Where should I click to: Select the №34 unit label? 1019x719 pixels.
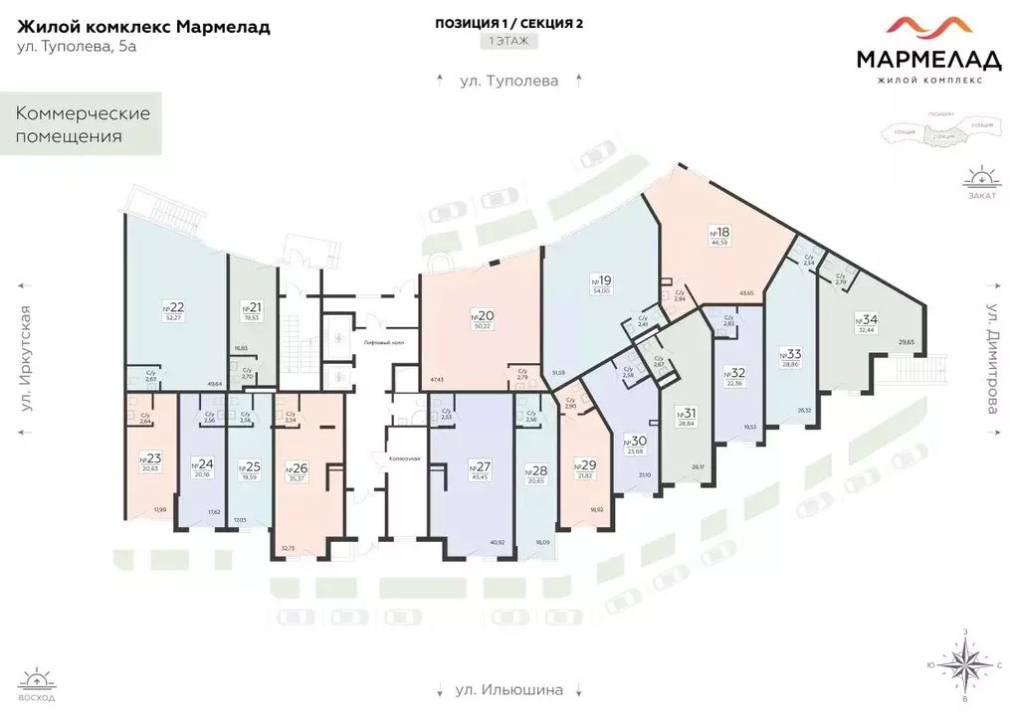tap(867, 319)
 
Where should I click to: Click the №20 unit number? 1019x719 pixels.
tap(483, 316)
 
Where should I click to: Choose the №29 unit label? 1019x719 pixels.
tap(586, 463)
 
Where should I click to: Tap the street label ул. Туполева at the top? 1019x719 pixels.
tap(509, 81)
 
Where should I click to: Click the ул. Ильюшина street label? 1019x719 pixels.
tap(509, 689)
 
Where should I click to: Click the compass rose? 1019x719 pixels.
tap(962, 664)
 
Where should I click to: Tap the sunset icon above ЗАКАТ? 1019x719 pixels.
tap(979, 179)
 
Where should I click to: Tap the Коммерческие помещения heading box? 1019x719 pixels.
tap(82, 124)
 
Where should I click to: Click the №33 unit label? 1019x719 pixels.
tap(791, 355)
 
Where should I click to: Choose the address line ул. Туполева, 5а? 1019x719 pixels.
tap(77, 47)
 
